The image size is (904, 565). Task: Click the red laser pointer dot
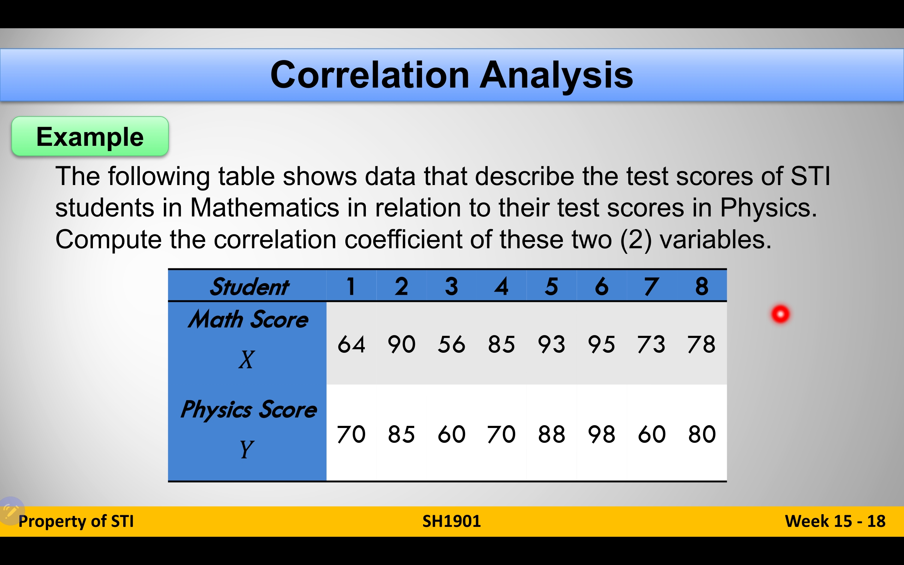pyautogui.click(x=780, y=314)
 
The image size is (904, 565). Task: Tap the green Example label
pyautogui.click(x=90, y=136)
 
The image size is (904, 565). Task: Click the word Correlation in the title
pyautogui.click(x=369, y=75)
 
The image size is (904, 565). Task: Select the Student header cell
pyautogui.click(x=249, y=287)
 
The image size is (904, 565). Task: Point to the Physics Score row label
pyautogui.click(x=248, y=409)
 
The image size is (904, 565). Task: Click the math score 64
pyautogui.click(x=351, y=344)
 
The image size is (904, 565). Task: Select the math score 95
pyautogui.click(x=601, y=344)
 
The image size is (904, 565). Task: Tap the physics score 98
pyautogui.click(x=601, y=434)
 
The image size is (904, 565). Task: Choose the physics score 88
pyautogui.click(x=551, y=434)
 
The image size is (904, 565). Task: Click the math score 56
pyautogui.click(x=451, y=344)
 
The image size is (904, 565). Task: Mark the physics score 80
pyautogui.click(x=702, y=434)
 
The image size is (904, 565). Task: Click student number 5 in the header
pyautogui.click(x=551, y=287)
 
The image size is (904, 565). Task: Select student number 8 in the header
pyautogui.click(x=702, y=287)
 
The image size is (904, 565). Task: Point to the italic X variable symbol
pyautogui.click(x=246, y=359)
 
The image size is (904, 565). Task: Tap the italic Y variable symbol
pyautogui.click(x=246, y=449)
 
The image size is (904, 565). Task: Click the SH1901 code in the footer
pyautogui.click(x=452, y=521)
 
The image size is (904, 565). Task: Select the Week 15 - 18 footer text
pyautogui.click(x=835, y=521)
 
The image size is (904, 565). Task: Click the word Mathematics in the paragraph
pyautogui.click(x=264, y=207)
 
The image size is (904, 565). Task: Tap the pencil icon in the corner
pyautogui.click(x=11, y=511)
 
